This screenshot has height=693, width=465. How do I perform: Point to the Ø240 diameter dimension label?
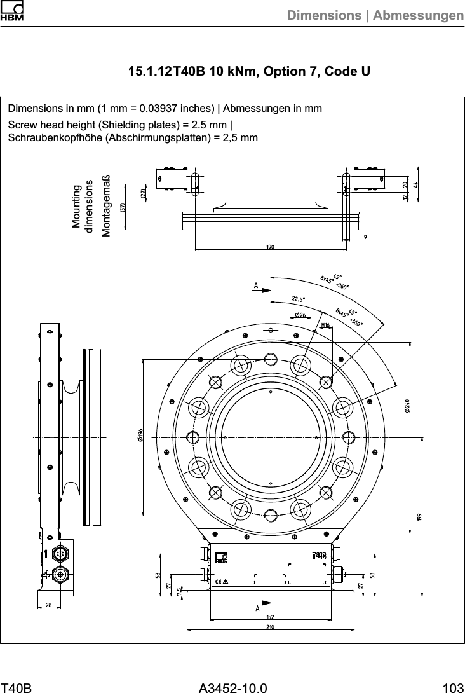point(407,405)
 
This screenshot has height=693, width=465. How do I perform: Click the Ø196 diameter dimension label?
point(139,436)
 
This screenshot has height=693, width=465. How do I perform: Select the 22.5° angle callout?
point(299,298)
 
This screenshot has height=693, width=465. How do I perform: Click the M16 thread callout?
point(326,326)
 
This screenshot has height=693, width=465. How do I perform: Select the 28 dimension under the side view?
point(49,605)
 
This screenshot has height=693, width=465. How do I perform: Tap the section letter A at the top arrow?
point(256,285)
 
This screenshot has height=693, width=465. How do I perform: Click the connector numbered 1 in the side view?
point(60,553)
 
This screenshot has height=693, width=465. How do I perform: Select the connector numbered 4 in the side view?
point(60,574)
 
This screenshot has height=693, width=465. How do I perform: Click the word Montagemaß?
point(106,205)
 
